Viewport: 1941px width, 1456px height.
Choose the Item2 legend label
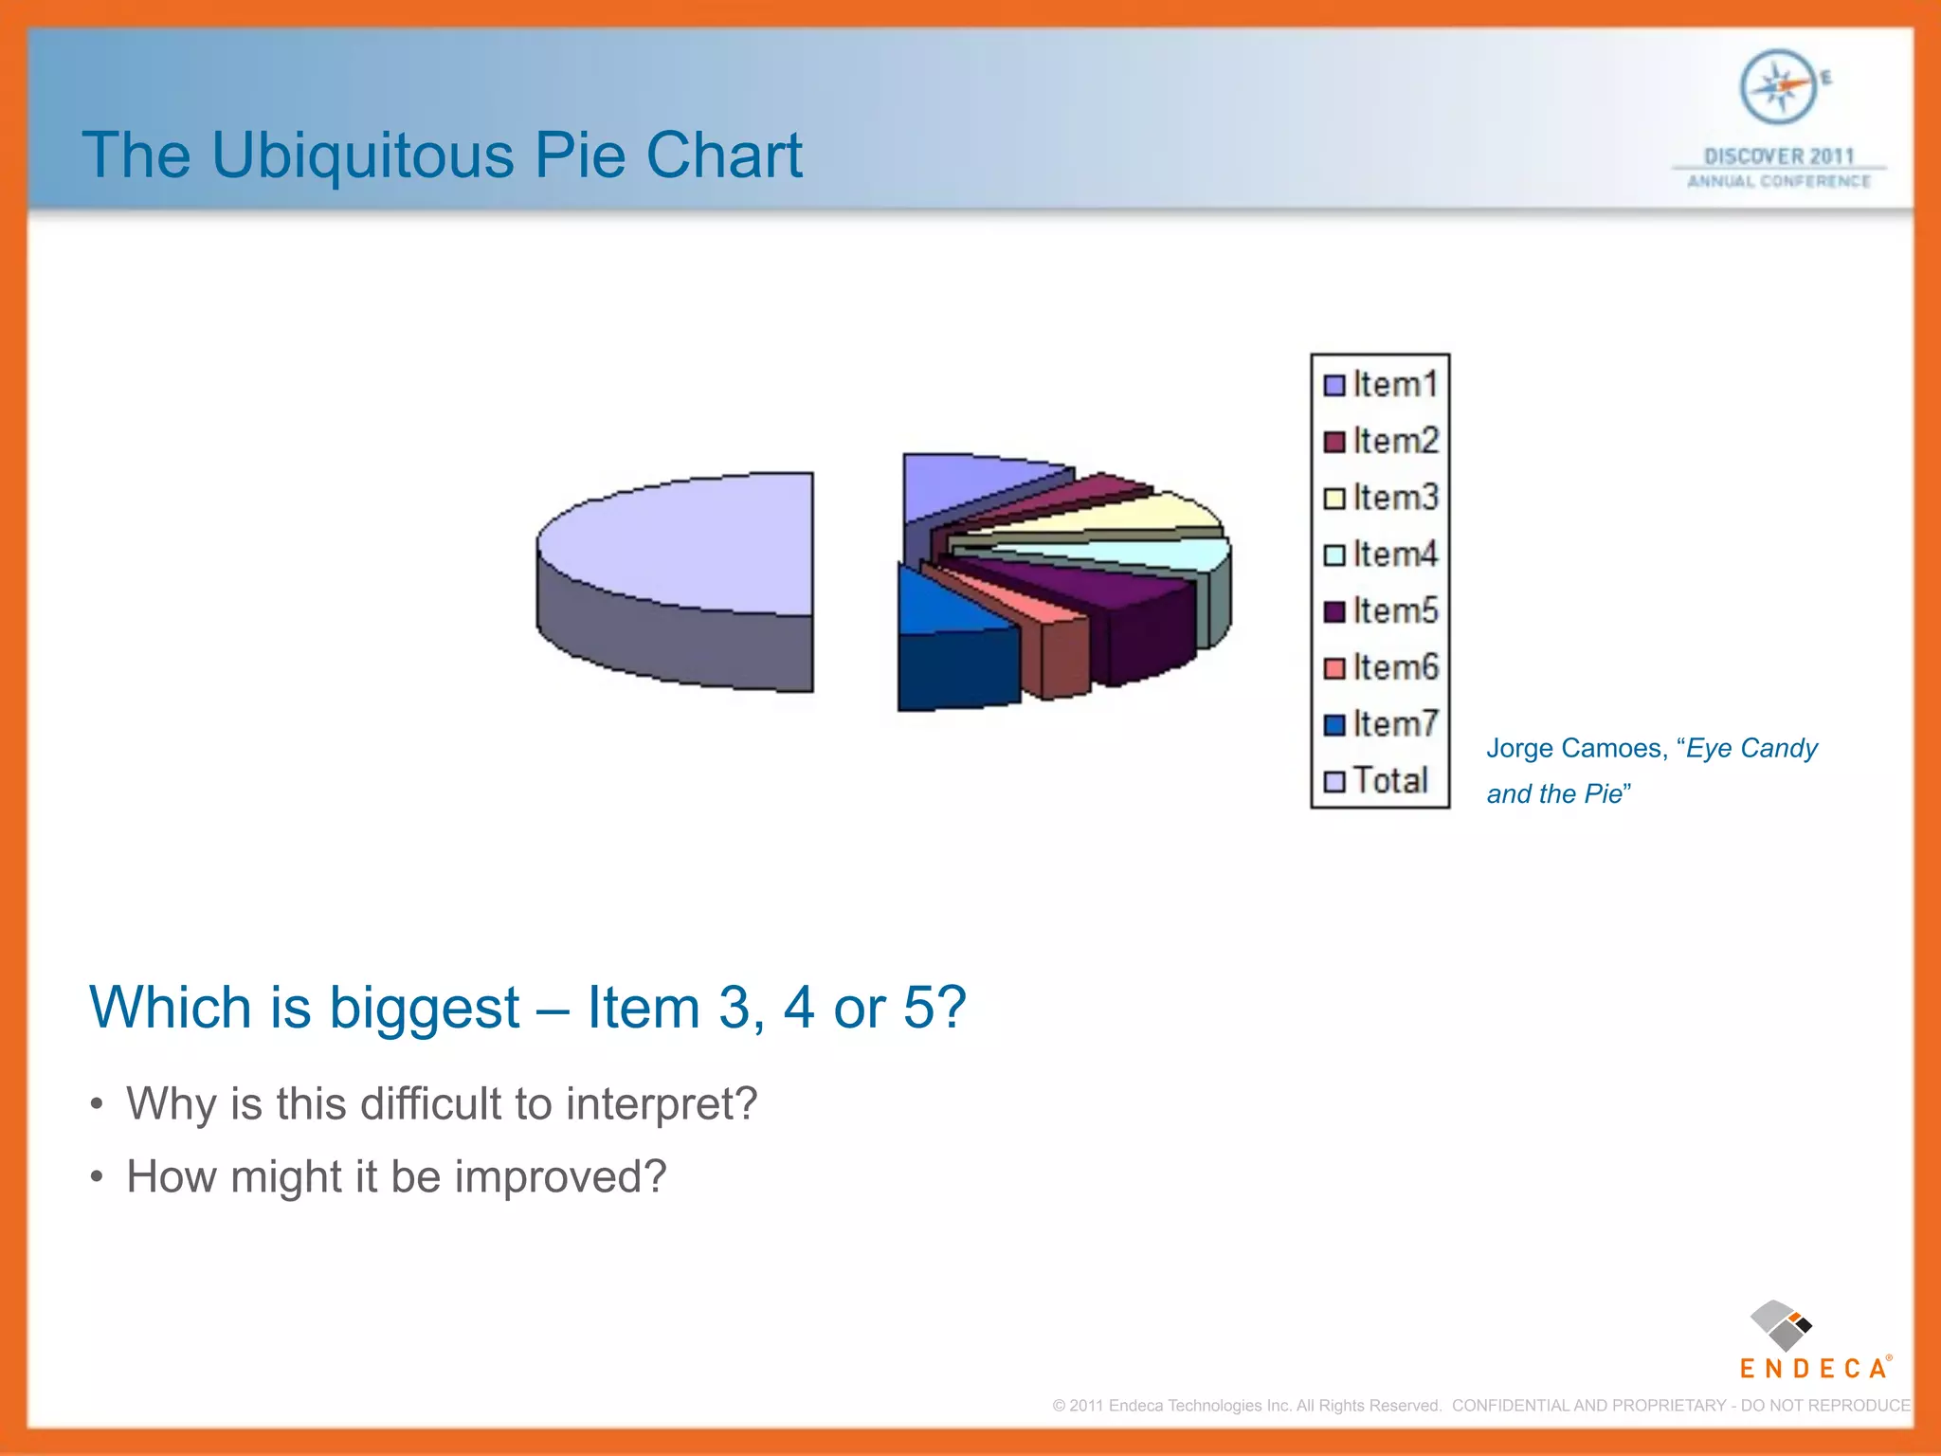point(1395,441)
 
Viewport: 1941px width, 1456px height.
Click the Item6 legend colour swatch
point(1334,668)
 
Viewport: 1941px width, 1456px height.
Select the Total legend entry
point(1389,780)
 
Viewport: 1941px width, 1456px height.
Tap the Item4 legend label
point(1395,554)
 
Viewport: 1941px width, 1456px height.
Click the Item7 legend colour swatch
point(1334,725)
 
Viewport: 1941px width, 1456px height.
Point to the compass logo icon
point(1779,87)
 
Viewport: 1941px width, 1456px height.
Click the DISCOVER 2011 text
point(1778,156)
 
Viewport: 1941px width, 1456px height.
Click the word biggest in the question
point(424,1007)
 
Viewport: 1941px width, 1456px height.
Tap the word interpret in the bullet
point(662,1103)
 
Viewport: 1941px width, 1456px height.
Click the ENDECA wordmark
point(1813,1368)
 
